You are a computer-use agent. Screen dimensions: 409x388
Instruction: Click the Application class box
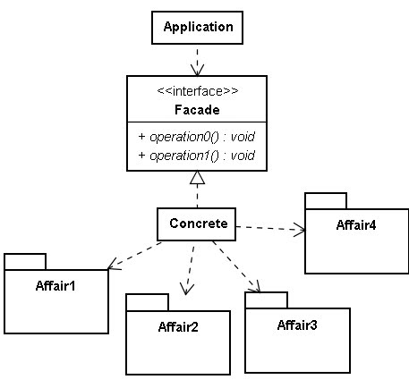pos(197,28)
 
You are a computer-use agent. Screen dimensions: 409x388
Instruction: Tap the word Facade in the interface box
pos(197,110)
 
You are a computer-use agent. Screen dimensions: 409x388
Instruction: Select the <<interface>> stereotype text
pos(198,91)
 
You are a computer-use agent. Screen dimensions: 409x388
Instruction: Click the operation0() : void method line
pos(197,137)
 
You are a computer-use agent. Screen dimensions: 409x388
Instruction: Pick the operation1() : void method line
pos(197,156)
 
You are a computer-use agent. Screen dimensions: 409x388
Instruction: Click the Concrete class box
pos(196,224)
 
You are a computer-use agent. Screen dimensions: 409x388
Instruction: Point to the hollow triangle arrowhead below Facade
pos(197,177)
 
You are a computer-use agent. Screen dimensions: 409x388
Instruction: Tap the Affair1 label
pos(55,286)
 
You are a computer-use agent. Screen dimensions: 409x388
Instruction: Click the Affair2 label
pos(178,327)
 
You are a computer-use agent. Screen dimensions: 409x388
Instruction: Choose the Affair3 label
pos(297,325)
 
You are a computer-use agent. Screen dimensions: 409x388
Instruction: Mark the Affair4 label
pos(356,225)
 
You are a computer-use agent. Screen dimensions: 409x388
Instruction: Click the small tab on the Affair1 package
pos(25,262)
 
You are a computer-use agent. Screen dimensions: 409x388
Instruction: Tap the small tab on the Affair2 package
pos(148,302)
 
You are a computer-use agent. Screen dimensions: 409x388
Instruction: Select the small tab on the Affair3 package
pos(267,300)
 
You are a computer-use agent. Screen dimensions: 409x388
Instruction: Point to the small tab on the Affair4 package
pos(326,201)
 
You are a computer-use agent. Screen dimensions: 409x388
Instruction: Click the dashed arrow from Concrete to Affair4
pos(270,228)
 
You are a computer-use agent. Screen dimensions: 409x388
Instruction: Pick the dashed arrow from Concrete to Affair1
pos(134,256)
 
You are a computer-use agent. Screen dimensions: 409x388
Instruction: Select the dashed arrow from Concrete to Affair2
pos(190,271)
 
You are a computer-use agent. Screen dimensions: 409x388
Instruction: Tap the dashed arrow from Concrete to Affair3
pos(236,266)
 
